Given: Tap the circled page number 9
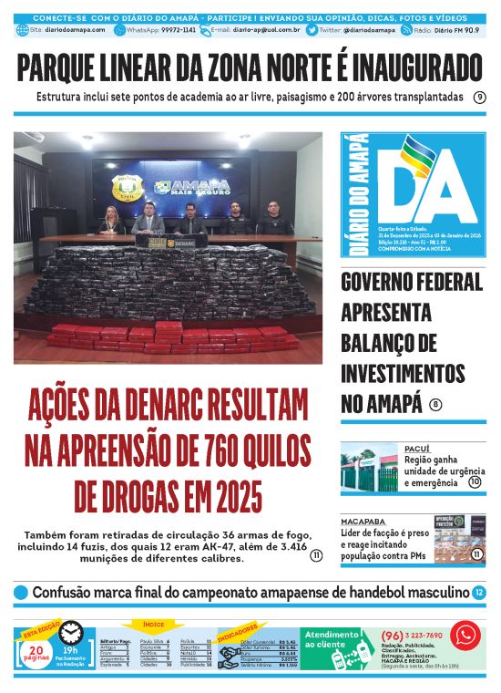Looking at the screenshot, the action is click(479, 98).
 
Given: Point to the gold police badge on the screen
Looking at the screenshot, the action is click(125, 187).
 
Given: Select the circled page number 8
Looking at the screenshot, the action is click(436, 405).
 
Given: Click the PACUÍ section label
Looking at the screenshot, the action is click(416, 449).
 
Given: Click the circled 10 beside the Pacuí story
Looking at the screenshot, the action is click(475, 481).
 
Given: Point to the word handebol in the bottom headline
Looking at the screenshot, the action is click(356, 593).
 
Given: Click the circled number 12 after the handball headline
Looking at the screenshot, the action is click(479, 593).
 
